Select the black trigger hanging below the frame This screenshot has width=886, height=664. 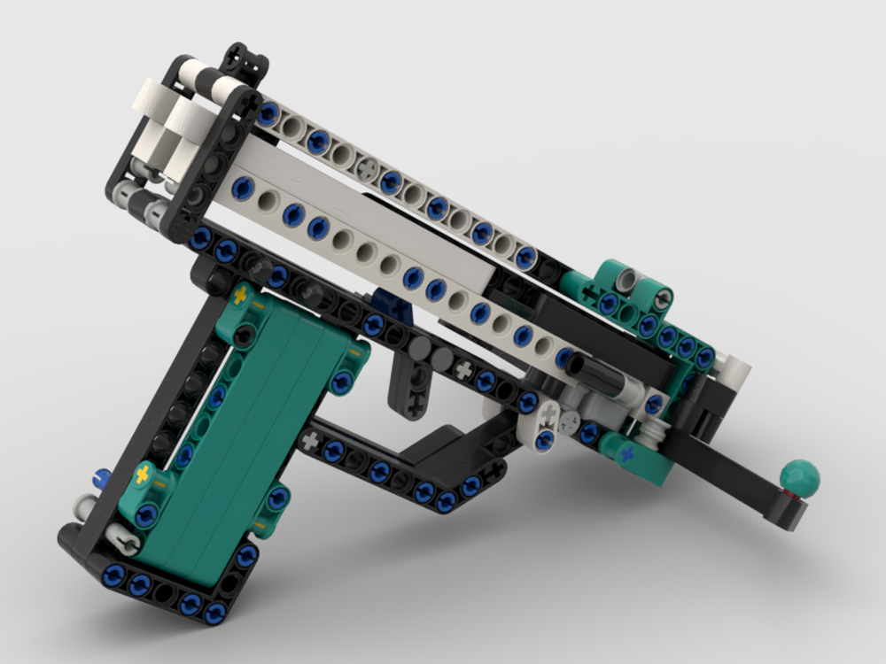point(410,382)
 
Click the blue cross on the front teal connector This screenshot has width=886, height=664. point(627,453)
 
